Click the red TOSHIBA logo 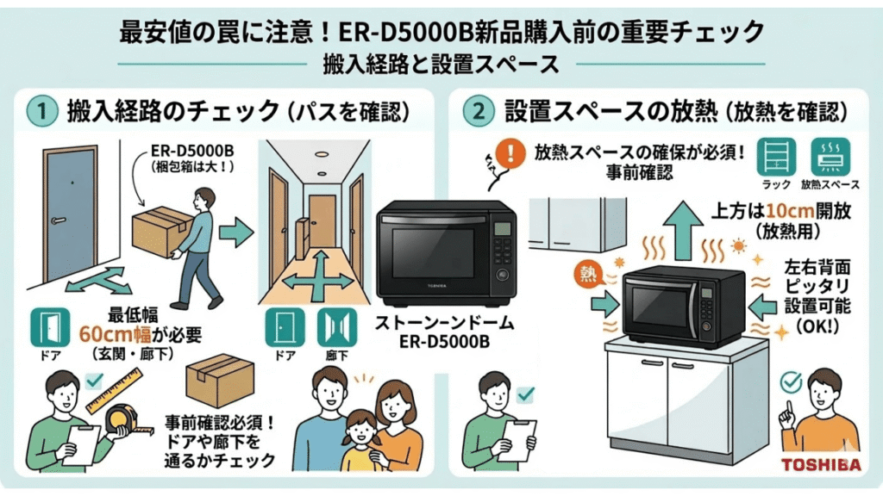819,465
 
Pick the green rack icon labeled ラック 772,158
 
